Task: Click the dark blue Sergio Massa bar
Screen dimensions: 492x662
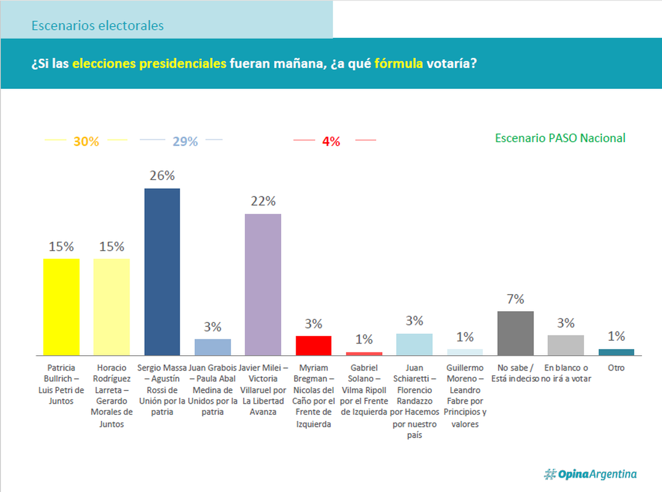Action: pos(162,271)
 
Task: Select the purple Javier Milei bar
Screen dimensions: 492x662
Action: pos(263,284)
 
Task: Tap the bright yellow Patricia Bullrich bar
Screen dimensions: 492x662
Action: pos(61,307)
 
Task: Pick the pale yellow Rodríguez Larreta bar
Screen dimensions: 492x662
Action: pos(111,307)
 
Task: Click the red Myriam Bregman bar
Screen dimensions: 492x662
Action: pos(313,345)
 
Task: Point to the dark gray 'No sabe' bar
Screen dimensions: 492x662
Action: pos(515,333)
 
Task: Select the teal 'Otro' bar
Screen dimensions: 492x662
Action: pos(616,352)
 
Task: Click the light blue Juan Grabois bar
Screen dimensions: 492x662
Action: pos(212,347)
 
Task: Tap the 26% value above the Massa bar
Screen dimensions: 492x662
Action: pos(162,176)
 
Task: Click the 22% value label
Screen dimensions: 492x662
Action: pos(263,201)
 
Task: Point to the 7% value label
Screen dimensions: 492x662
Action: pos(515,300)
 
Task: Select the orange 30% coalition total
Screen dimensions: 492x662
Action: pos(86,142)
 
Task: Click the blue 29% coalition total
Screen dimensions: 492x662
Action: pos(185,142)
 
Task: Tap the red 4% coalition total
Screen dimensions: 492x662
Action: pos(331,142)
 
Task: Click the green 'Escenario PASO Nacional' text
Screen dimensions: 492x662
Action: pos(560,138)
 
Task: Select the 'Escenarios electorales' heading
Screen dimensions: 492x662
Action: pos(98,26)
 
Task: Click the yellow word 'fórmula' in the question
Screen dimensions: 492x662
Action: pos(399,63)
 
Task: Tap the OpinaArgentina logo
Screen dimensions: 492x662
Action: pos(590,474)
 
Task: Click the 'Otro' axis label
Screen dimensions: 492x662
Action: pos(616,367)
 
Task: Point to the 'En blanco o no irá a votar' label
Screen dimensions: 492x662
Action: pos(566,373)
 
